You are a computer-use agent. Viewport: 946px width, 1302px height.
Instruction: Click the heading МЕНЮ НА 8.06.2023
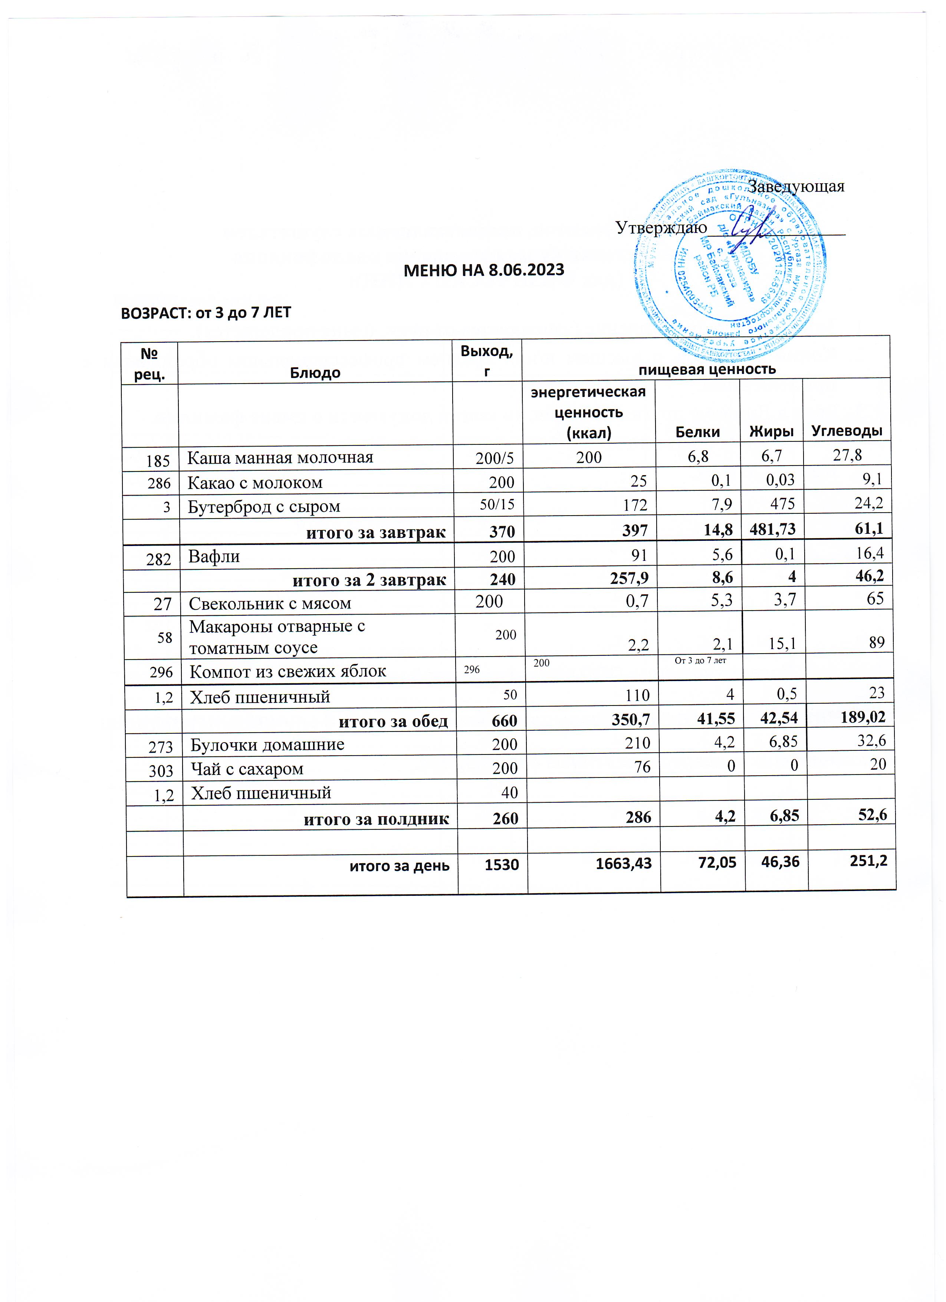click(x=483, y=270)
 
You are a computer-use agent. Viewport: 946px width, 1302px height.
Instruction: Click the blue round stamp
click(x=730, y=266)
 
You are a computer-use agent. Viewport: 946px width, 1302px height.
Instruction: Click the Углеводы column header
click(x=846, y=431)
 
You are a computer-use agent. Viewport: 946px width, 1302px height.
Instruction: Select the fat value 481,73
click(x=772, y=529)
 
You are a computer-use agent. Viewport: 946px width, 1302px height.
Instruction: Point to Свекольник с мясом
click(x=270, y=604)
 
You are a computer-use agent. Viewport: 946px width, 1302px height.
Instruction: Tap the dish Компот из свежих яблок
click(x=288, y=671)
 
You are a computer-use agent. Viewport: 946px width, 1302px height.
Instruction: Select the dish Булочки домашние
click(x=267, y=744)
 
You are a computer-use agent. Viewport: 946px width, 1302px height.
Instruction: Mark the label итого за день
click(x=400, y=865)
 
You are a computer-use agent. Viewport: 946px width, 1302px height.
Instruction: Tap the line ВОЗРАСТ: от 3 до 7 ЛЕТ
click(x=206, y=312)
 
